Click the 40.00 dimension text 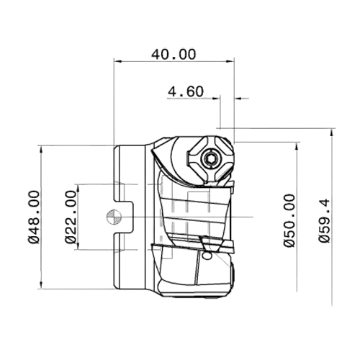[x=174, y=54]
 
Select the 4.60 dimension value [x=186, y=91]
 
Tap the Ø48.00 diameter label [x=34, y=217]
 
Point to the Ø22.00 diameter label [x=70, y=217]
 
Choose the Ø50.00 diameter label [x=289, y=220]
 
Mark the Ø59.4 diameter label [x=325, y=221]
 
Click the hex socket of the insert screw [x=210, y=158]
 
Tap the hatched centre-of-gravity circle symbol [x=114, y=217]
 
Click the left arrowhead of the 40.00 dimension [x=118, y=61]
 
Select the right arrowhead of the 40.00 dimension [x=230, y=61]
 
